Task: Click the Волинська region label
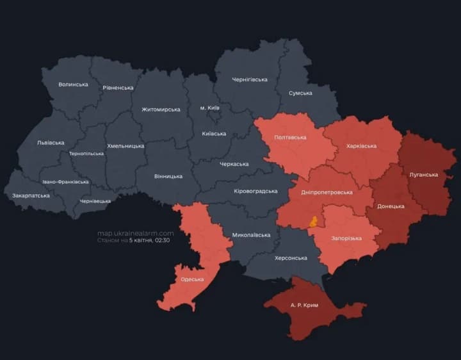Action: point(73,85)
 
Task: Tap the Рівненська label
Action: point(118,88)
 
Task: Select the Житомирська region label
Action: point(161,110)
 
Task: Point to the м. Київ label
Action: point(209,108)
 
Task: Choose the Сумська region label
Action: point(300,93)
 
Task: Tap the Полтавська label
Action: point(290,137)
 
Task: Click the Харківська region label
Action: point(361,146)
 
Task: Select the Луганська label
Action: point(423,174)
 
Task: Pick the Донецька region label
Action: point(391,206)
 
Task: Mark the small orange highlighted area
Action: point(313,222)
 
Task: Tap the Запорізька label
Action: point(346,238)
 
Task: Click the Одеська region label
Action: point(192,279)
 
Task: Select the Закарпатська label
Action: point(31,195)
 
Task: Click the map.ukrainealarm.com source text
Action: point(135,233)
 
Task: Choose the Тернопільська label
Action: point(86,154)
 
